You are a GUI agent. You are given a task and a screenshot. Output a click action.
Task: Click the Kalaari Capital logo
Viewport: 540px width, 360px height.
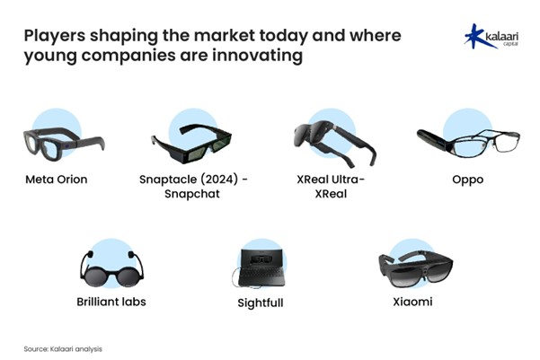click(491, 36)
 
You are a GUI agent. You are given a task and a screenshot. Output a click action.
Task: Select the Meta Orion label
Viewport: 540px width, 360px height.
click(57, 180)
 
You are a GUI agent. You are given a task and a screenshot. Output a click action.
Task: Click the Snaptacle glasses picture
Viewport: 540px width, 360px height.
click(191, 144)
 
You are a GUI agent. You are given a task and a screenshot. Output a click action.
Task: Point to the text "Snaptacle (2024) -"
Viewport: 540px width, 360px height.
click(193, 180)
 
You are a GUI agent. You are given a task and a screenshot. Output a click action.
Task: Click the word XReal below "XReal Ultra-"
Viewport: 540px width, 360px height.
click(331, 194)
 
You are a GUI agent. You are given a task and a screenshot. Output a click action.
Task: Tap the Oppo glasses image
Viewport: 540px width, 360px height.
click(468, 143)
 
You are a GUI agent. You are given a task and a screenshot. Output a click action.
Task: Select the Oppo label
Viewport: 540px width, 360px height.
click(468, 180)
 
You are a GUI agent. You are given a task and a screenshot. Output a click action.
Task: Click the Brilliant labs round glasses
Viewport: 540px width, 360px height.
click(112, 269)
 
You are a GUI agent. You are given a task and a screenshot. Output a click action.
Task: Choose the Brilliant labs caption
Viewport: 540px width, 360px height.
click(111, 302)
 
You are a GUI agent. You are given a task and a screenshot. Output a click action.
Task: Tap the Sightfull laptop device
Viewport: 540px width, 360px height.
click(260, 268)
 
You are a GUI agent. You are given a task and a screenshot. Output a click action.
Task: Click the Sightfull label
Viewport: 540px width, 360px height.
click(261, 303)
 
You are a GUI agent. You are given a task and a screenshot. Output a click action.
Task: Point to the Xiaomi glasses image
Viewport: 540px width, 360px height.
click(416, 268)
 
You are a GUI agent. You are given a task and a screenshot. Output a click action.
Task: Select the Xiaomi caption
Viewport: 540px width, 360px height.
click(412, 302)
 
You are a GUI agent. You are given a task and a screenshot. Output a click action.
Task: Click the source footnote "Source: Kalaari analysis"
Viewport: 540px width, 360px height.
click(63, 349)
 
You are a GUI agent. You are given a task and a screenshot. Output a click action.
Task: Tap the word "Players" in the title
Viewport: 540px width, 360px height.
click(55, 36)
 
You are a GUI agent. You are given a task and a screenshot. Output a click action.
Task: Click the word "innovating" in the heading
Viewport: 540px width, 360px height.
click(257, 56)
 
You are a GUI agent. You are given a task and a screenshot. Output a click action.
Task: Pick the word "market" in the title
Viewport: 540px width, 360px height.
click(225, 35)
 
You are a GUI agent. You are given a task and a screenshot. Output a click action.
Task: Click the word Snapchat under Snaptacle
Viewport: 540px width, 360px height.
click(192, 194)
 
